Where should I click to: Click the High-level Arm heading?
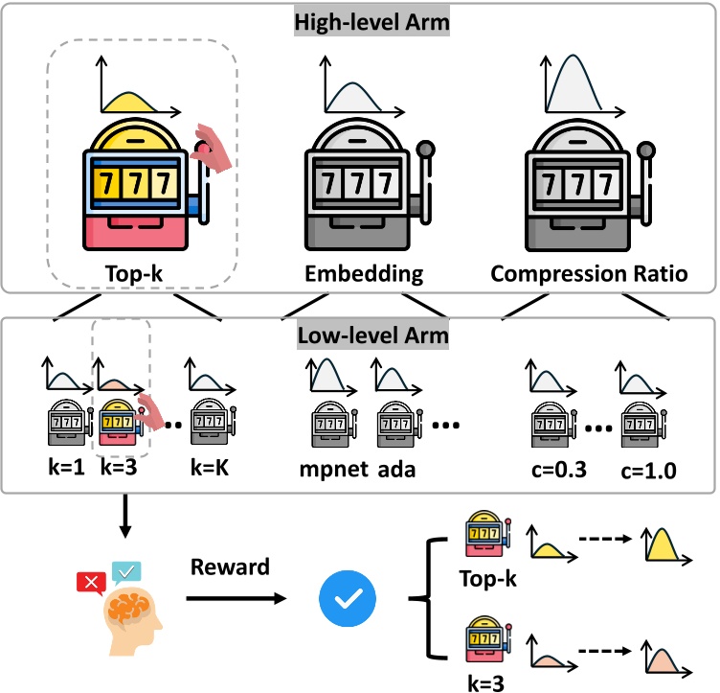tap(360, 21)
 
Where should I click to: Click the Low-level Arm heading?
tap(360, 336)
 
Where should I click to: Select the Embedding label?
tap(364, 274)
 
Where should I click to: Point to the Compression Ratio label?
tap(589, 274)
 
